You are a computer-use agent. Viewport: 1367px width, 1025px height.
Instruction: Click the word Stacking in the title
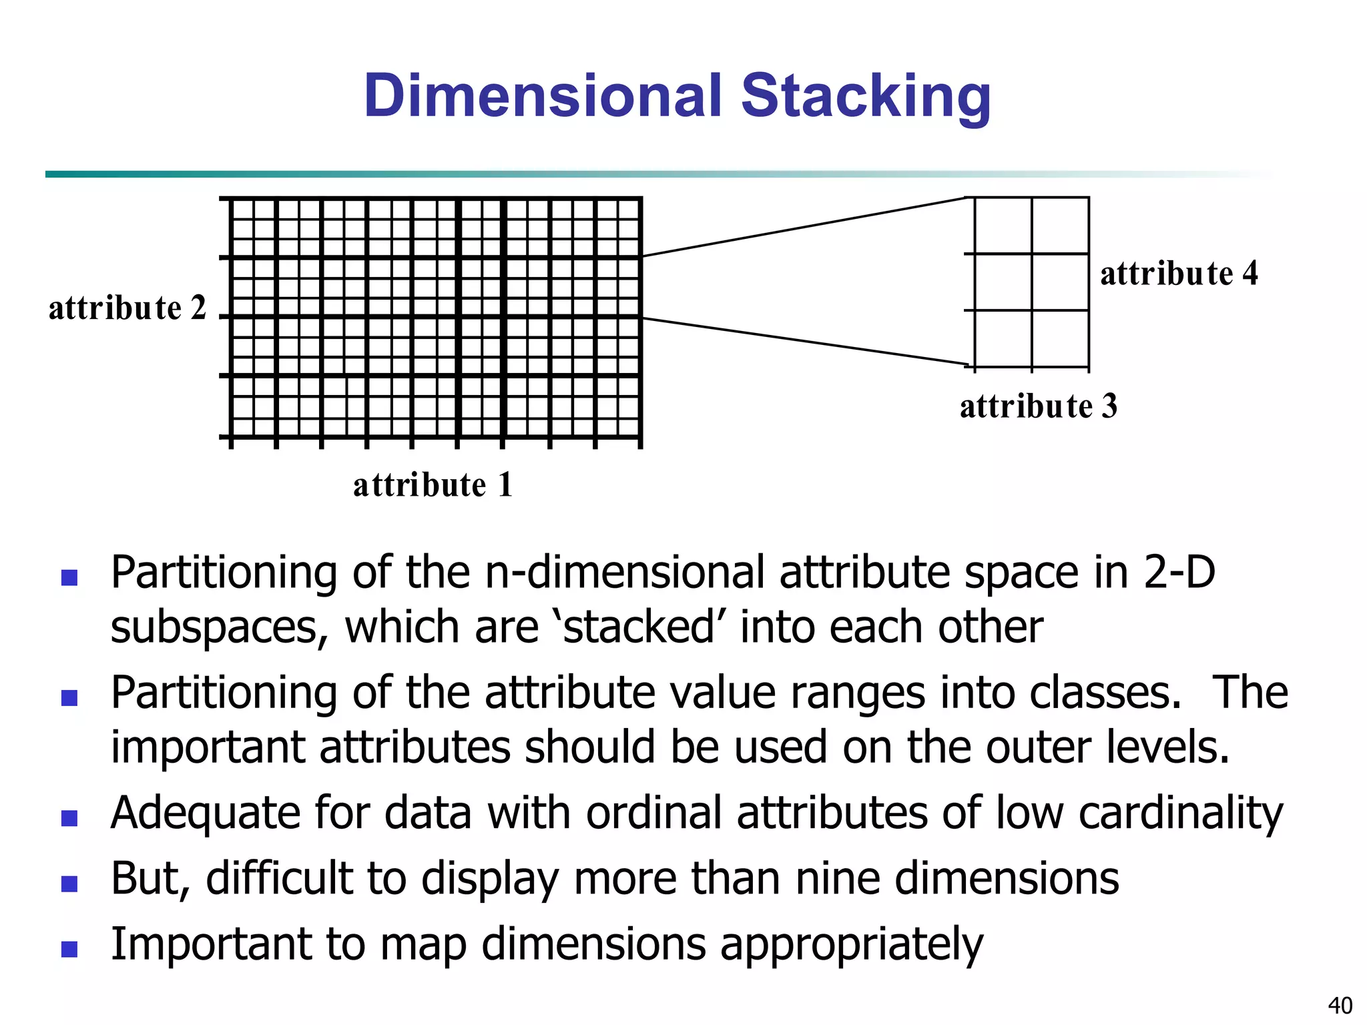coord(866,97)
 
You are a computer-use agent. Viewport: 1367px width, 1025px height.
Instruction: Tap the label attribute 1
coord(433,484)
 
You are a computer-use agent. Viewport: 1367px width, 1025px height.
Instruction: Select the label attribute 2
coord(127,308)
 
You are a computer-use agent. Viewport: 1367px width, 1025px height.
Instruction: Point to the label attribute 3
coord(1039,406)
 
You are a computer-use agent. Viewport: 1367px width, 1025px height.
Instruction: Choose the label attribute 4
coord(1179,274)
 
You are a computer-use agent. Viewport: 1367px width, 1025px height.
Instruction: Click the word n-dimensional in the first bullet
coord(625,573)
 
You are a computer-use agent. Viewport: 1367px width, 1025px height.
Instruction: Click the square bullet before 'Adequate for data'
coord(69,817)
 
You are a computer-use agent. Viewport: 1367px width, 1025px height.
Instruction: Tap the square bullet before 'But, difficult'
coord(69,883)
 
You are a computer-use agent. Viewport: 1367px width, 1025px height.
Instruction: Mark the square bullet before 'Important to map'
coord(69,948)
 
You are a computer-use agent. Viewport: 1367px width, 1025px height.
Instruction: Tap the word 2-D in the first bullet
coord(1179,573)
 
